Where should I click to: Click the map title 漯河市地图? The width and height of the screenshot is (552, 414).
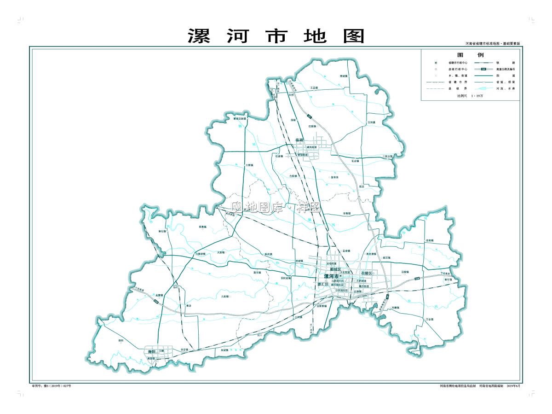pyautogui.click(x=276, y=36)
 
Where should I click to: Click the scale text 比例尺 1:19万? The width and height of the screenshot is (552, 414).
pyautogui.click(x=470, y=95)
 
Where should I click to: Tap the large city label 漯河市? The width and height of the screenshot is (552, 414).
pyautogui.click(x=331, y=276)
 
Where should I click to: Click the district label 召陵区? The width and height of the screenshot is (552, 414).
pyautogui.click(x=368, y=274)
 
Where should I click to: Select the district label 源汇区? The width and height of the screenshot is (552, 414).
pyautogui.click(x=323, y=285)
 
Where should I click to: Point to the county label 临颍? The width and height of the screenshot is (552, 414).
pyautogui.click(x=299, y=140)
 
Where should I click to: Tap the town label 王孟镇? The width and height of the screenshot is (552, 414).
pyautogui.click(x=314, y=87)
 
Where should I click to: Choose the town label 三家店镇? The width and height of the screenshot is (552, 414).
pyautogui.click(x=388, y=156)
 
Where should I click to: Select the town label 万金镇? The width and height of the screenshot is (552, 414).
pyautogui.click(x=430, y=319)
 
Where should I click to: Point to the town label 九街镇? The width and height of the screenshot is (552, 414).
pyautogui.click(x=224, y=297)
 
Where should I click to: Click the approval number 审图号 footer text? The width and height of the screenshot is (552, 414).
pyautogui.click(x=51, y=386)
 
